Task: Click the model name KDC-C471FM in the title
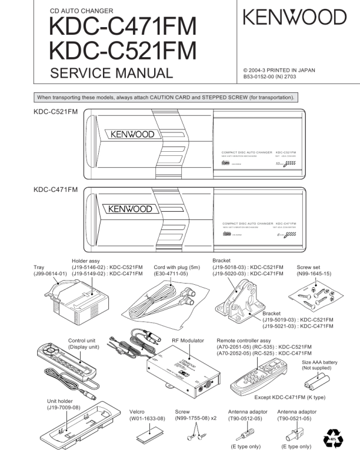click(123, 26)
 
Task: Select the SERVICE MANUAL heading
click(112, 73)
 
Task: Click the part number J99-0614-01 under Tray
click(50, 274)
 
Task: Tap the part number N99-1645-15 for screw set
click(314, 274)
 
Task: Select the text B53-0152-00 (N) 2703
click(274, 76)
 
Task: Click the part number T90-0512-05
click(246, 418)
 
